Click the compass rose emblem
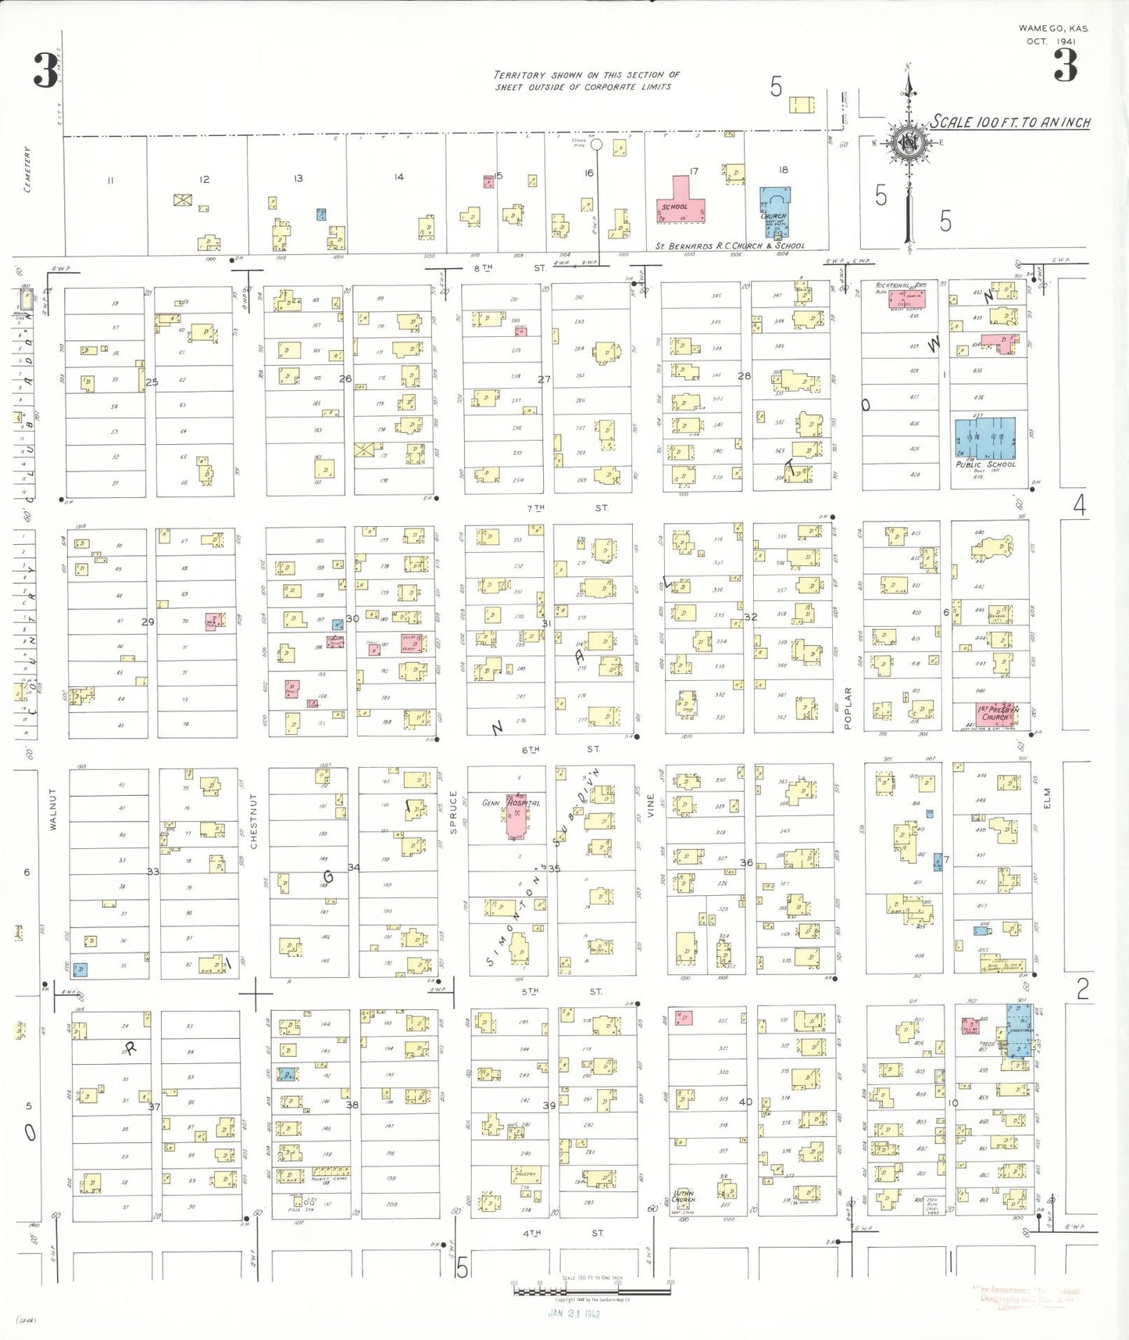tap(908, 145)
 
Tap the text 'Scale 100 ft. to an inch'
tap(1009, 122)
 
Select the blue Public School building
tap(984, 439)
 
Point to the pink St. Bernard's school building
tap(681, 202)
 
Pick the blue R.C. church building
tap(775, 210)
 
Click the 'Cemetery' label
tap(28, 169)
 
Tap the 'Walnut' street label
tap(53, 808)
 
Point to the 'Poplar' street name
tap(848, 708)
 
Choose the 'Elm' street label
tap(1047, 797)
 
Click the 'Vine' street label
tap(650, 805)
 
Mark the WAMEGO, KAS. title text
tap(1053, 28)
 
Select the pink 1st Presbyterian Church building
tap(995, 713)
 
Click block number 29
tap(148, 622)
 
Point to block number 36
tap(746, 862)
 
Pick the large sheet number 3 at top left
tap(45, 70)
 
